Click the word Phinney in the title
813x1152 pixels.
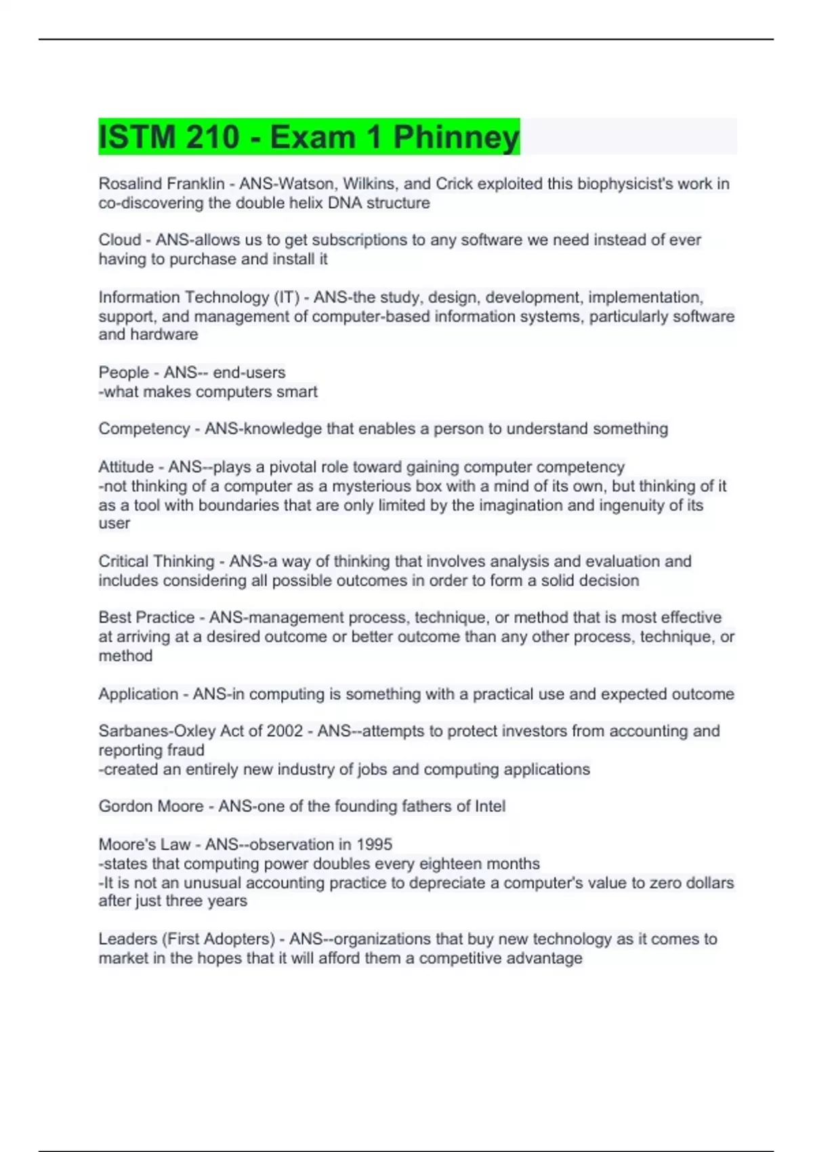(456, 137)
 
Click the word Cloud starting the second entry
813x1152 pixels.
(119, 240)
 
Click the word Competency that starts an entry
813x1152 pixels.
(144, 429)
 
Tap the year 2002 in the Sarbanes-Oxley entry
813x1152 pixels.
(285, 731)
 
